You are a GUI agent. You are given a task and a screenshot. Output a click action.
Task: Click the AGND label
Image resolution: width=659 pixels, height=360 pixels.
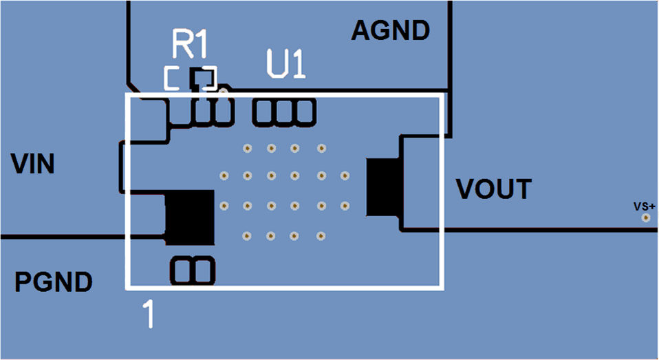point(391,30)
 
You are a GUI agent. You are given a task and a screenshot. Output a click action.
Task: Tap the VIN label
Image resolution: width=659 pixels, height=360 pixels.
point(33,165)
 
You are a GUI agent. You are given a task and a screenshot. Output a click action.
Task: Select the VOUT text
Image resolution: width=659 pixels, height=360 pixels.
point(495,189)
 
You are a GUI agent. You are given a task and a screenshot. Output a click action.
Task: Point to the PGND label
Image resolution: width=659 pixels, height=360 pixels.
point(54,282)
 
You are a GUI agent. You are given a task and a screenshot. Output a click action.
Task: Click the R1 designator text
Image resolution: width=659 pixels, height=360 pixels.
point(190,45)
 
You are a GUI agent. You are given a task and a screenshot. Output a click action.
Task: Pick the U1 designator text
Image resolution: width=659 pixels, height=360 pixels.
point(285,66)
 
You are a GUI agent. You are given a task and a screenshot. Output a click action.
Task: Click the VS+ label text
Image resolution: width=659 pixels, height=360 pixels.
point(645,206)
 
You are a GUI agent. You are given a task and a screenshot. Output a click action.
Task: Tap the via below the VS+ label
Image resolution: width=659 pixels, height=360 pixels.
point(645,218)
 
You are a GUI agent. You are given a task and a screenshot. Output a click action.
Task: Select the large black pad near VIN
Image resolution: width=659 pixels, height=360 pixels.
point(191,217)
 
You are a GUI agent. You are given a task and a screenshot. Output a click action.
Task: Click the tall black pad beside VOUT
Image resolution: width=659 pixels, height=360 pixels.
point(384,186)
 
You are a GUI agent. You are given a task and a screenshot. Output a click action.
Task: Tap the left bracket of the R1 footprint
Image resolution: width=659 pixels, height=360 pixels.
point(172,78)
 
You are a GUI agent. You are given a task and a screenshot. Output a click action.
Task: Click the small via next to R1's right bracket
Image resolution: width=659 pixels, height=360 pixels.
point(224,89)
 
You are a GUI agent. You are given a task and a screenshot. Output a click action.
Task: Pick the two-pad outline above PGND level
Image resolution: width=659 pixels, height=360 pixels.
point(193,271)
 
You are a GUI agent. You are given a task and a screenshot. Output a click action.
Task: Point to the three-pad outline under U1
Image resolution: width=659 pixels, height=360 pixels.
point(284,112)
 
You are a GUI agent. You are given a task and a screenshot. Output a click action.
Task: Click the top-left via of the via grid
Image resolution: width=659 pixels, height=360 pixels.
point(246,148)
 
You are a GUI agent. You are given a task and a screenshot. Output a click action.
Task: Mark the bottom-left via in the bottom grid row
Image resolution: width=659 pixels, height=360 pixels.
point(246,236)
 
